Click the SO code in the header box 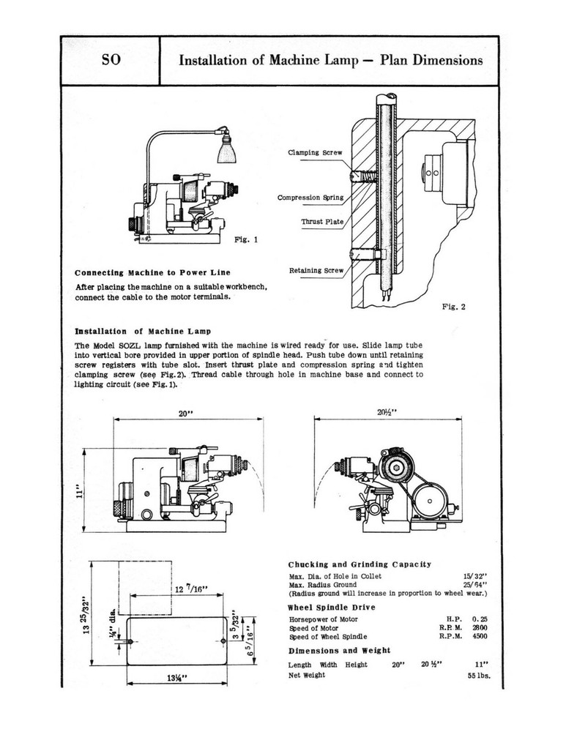coord(110,61)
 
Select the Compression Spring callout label coord(310,198)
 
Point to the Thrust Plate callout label coord(321,222)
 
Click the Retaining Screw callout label coord(316,270)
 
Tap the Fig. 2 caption coord(454,307)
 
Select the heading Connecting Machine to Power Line coord(152,273)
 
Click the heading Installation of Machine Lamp coord(138,331)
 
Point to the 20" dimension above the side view coord(185,413)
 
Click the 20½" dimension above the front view coord(387,413)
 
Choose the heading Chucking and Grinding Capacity coord(360,564)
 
